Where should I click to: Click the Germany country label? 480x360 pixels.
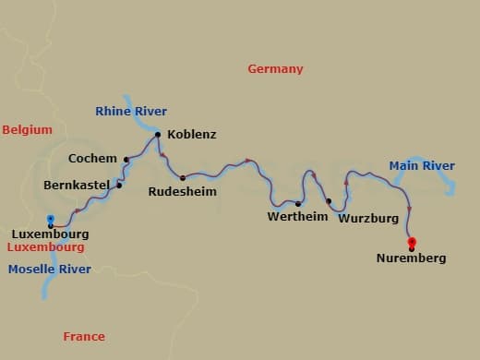pyautogui.click(x=275, y=69)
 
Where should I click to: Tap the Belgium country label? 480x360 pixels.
pyautogui.click(x=27, y=130)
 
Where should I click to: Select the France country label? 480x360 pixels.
pyautogui.click(x=84, y=337)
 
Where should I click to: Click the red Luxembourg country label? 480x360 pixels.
pyautogui.click(x=45, y=247)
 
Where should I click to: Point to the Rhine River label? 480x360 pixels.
pyautogui.click(x=131, y=111)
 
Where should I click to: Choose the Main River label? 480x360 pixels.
pyautogui.click(x=422, y=166)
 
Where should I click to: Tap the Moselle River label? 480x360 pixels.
pyautogui.click(x=50, y=270)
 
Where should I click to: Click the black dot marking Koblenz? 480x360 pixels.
pyautogui.click(x=158, y=135)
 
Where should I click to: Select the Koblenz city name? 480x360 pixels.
pyautogui.click(x=192, y=135)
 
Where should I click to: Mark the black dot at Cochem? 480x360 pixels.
pyautogui.click(x=126, y=159)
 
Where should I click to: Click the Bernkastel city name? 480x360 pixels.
pyautogui.click(x=78, y=185)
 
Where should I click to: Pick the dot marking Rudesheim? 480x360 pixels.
pyautogui.click(x=183, y=177)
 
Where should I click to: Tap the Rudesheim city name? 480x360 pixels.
pyautogui.click(x=184, y=193)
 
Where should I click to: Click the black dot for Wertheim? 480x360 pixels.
pyautogui.click(x=298, y=204)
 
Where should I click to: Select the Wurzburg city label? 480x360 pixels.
pyautogui.click(x=368, y=219)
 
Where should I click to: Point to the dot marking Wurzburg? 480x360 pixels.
pyautogui.click(x=329, y=200)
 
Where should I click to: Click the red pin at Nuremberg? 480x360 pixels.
pyautogui.click(x=412, y=243)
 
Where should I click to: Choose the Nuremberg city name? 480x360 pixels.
pyautogui.click(x=411, y=258)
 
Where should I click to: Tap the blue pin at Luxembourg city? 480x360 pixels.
pyautogui.click(x=51, y=220)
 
